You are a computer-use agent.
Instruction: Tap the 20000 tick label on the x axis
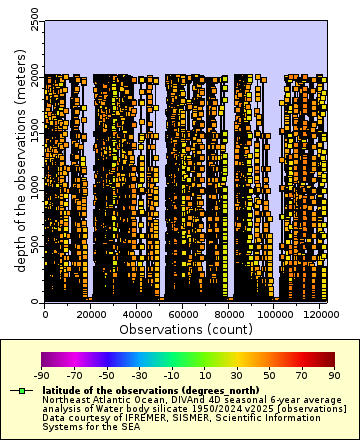[91, 314]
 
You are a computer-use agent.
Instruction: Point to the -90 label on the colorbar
[42, 375]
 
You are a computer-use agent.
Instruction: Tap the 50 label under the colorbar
[270, 375]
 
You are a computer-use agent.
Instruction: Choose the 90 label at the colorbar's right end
[335, 375]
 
